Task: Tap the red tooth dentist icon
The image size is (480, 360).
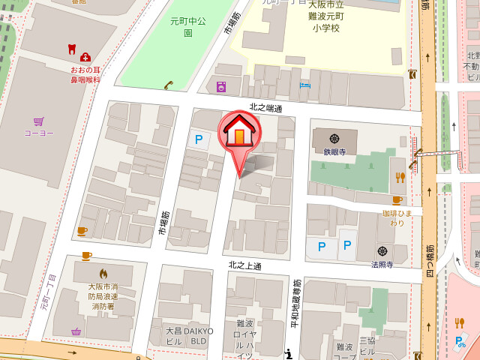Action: [x=72, y=49]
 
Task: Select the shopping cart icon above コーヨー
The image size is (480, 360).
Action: [x=38, y=121]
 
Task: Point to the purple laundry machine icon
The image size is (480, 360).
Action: [x=221, y=87]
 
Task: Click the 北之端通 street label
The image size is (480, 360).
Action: [x=266, y=109]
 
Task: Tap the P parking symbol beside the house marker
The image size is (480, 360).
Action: [x=199, y=139]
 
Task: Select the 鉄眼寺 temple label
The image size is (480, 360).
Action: [x=334, y=151]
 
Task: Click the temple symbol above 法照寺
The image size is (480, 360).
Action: [x=382, y=250]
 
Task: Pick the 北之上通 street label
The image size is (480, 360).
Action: [x=245, y=265]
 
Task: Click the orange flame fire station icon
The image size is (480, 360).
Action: [x=103, y=274]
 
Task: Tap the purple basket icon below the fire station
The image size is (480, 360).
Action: [x=76, y=331]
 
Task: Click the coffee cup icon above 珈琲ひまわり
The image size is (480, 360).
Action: [x=397, y=200]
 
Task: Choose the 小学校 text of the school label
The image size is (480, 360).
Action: [x=326, y=28]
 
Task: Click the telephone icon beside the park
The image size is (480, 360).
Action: [x=169, y=85]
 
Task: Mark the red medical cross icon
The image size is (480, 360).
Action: [x=85, y=57]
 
